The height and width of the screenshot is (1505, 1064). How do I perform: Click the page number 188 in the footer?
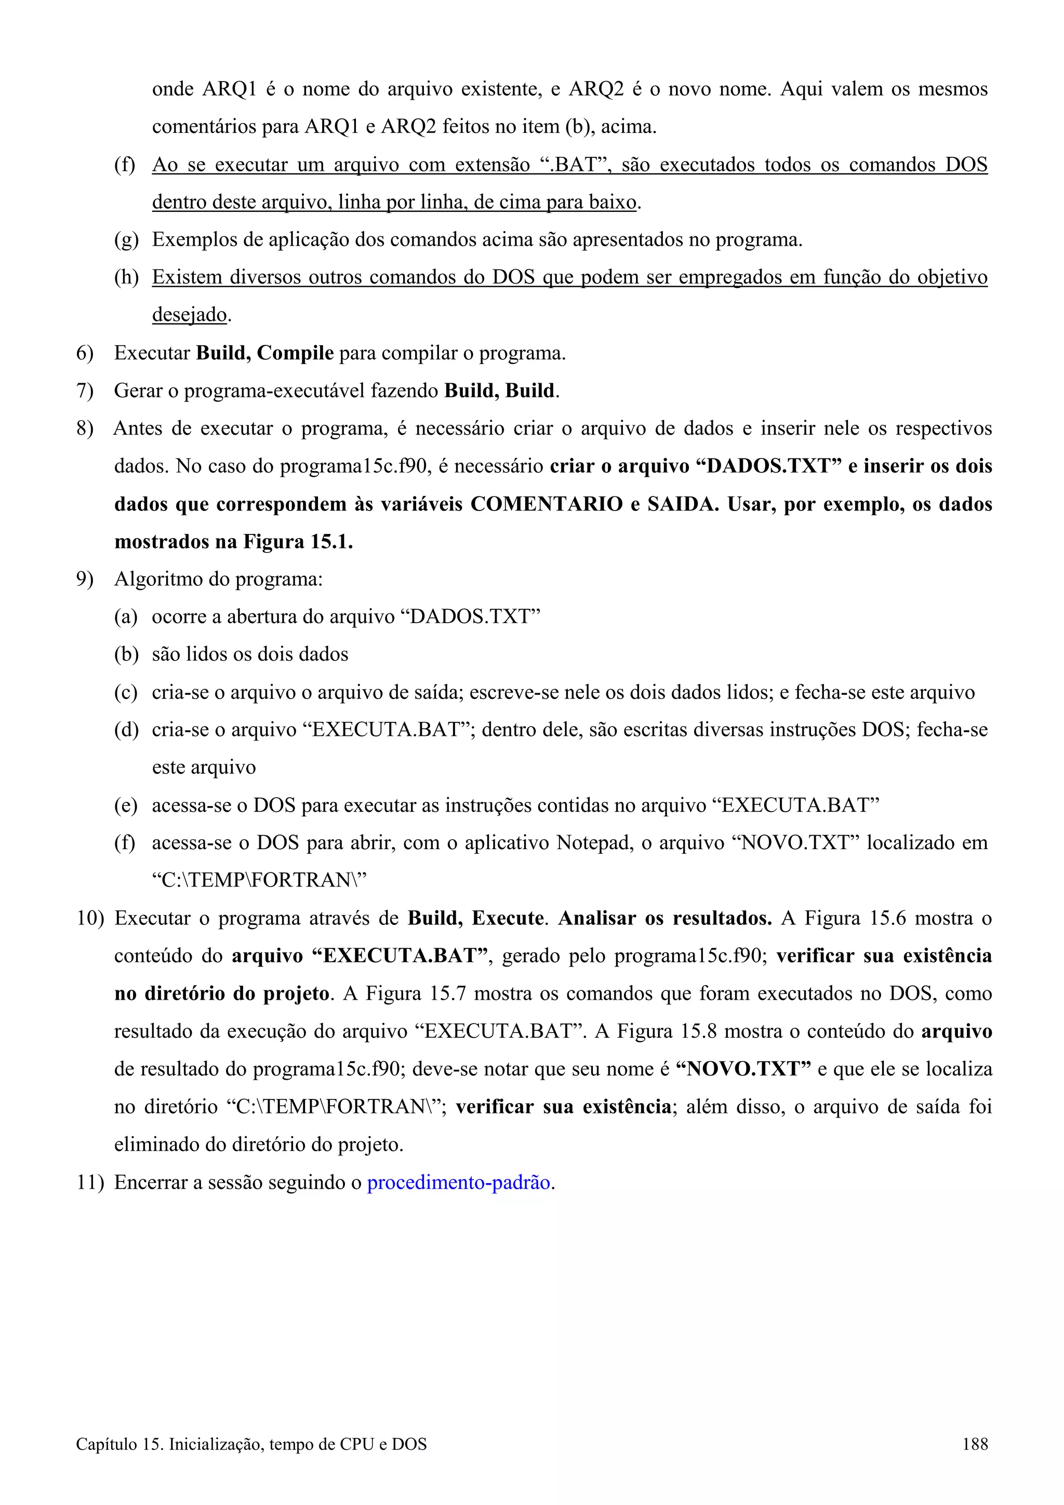click(x=975, y=1462)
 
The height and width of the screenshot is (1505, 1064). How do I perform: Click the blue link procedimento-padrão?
click(x=459, y=1182)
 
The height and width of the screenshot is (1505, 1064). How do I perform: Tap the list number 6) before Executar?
click(x=85, y=353)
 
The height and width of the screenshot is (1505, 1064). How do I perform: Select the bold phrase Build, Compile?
click(x=265, y=353)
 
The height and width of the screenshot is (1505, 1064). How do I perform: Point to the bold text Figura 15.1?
click(x=298, y=542)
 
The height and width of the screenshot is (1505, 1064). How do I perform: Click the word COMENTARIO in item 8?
click(x=546, y=504)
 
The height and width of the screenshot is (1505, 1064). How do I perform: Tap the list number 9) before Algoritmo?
click(x=85, y=580)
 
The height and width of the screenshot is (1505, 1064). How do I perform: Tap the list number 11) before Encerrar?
click(x=90, y=1182)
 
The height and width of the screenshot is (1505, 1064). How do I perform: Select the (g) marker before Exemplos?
click(x=126, y=240)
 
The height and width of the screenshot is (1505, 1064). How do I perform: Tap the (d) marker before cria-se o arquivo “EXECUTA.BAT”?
click(x=126, y=730)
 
